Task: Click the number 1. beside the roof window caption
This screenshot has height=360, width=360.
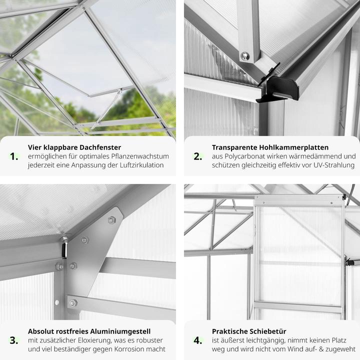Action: (x=14, y=156)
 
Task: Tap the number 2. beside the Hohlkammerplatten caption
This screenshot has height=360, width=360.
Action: (x=198, y=156)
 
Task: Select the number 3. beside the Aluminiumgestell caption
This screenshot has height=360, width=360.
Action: (x=14, y=340)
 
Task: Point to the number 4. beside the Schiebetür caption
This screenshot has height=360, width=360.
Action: (x=198, y=340)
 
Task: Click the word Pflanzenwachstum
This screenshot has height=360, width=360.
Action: (x=140, y=156)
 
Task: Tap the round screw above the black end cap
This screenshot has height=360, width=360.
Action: (x=245, y=56)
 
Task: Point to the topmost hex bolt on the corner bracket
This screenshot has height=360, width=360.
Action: (x=111, y=220)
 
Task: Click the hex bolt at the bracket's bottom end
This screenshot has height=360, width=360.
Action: (x=73, y=303)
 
